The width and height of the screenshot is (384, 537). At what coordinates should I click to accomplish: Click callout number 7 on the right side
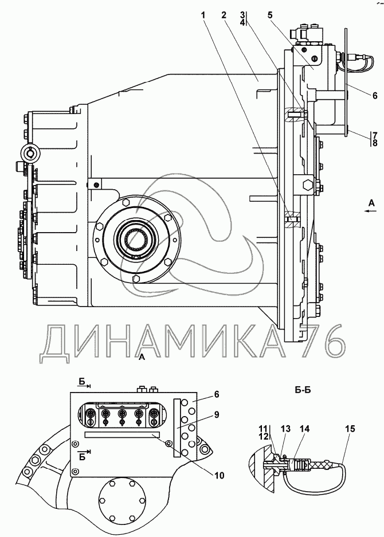[359, 135]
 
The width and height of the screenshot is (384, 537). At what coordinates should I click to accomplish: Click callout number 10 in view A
[219, 475]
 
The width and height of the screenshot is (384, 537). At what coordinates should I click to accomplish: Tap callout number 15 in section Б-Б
[350, 428]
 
